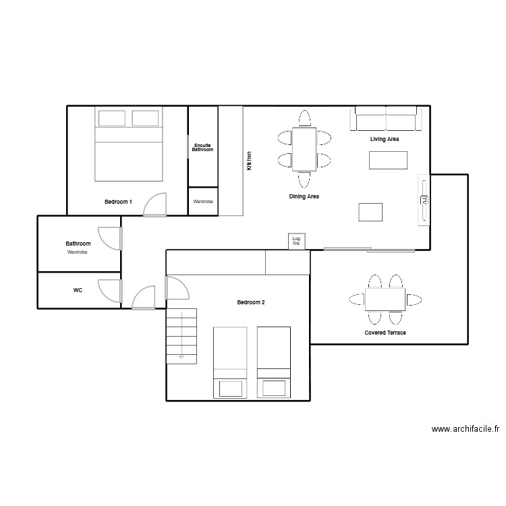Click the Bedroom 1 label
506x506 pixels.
(118, 202)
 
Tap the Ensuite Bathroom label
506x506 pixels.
(202, 147)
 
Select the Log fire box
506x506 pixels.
(296, 241)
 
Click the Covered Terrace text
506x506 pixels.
(385, 333)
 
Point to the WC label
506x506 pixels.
(78, 290)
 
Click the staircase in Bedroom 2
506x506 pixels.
(182, 335)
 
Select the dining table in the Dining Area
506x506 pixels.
(304, 149)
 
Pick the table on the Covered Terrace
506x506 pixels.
(385, 300)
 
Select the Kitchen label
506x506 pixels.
(249, 160)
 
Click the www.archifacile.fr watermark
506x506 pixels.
(465, 428)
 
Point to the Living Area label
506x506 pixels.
(385, 140)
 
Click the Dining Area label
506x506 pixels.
(304, 197)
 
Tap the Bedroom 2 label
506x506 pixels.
(250, 302)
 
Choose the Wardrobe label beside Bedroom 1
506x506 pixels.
(203, 202)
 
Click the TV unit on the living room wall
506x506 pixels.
(424, 200)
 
